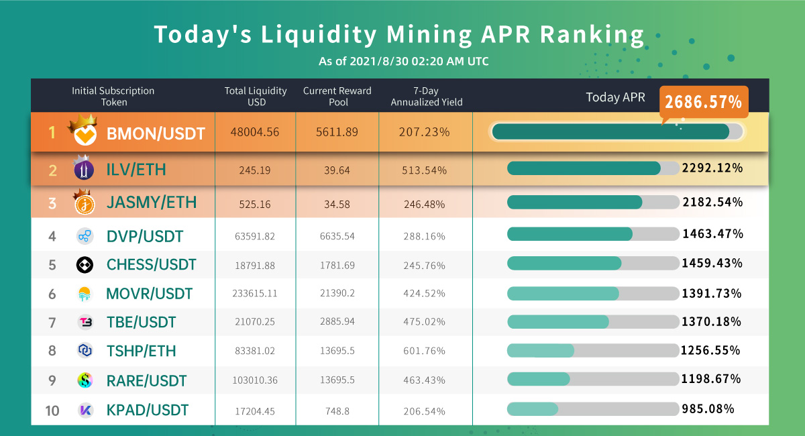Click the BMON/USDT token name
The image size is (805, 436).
coord(156,133)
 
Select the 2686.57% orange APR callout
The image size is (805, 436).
coord(704,103)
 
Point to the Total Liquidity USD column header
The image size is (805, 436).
coord(256,97)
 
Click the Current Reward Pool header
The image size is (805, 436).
coord(337,97)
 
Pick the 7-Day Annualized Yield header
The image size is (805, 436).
coord(426,97)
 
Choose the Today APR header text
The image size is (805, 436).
coord(615,97)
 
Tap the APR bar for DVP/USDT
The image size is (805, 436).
coord(593,234)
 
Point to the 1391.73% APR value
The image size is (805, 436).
coord(712,293)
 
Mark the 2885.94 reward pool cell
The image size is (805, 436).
coord(337,322)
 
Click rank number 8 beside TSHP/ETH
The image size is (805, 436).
coord(52,351)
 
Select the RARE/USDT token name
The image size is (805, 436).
coord(146,380)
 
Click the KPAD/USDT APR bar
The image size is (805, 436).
coord(593,409)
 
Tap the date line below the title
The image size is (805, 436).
coord(403,62)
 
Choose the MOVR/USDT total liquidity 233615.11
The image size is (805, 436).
coord(256,293)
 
